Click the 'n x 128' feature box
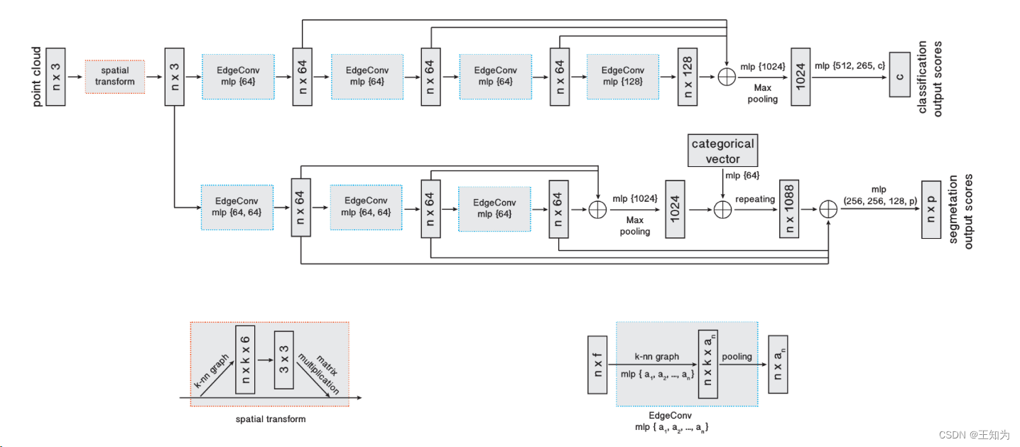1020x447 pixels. click(687, 77)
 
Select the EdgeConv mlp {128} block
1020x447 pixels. click(622, 76)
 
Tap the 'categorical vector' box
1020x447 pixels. click(723, 151)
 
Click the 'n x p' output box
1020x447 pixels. click(930, 209)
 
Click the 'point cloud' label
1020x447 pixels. click(38, 77)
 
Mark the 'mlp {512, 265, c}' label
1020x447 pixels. click(850, 66)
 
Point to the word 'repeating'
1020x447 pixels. click(755, 199)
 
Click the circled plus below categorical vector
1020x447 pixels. click(722, 209)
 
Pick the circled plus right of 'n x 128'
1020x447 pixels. click(726, 77)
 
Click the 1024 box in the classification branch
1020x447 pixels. click(801, 77)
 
